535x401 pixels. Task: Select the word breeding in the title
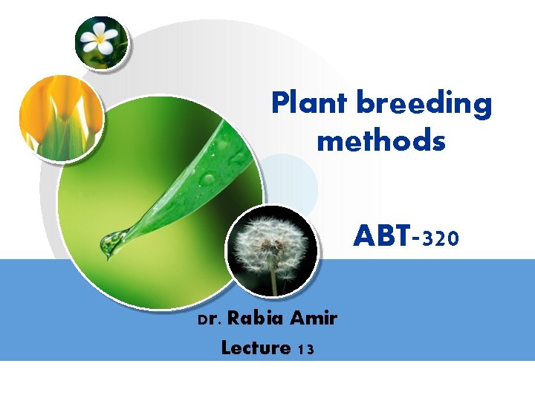(424, 105)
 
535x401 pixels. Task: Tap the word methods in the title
(381, 140)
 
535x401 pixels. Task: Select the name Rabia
(255, 319)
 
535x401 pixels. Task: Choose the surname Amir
(314, 319)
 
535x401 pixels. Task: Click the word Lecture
(256, 347)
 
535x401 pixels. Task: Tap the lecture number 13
(305, 348)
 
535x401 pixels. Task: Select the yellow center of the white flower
(100, 37)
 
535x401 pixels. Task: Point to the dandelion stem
(273, 282)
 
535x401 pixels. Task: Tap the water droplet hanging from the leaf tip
(113, 243)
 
